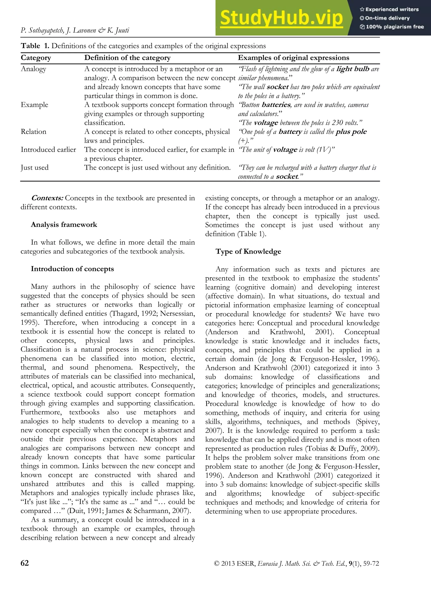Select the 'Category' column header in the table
pyautogui.click(x=36, y=58)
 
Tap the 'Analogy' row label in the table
pyautogui.click(x=33, y=69)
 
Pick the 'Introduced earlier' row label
pyautogui.click(x=48, y=149)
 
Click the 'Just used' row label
pyautogui.click(x=35, y=167)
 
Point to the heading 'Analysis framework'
pyautogui.click(x=64, y=224)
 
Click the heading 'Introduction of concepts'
pyautogui.click(x=72, y=269)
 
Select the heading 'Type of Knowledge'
pyautogui.click(x=248, y=251)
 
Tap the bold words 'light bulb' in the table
pyautogui.click(x=353, y=69)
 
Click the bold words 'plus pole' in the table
pyautogui.click(x=351, y=132)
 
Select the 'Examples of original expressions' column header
pyautogui.click(x=293, y=58)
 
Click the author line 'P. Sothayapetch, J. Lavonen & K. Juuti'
pyautogui.click(x=75, y=30)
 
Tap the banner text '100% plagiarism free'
pyautogui.click(x=395, y=27)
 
